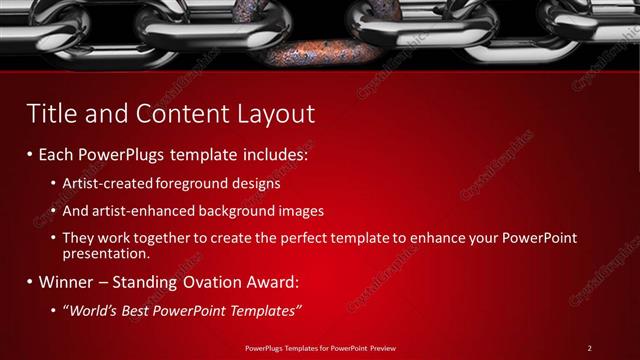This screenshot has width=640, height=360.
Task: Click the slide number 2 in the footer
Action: pos(589,348)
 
